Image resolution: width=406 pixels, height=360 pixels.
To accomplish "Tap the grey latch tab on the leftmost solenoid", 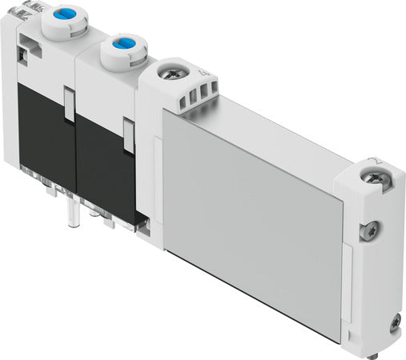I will point(69,106).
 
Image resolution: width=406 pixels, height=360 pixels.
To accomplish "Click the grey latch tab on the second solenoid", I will point(128,135).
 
